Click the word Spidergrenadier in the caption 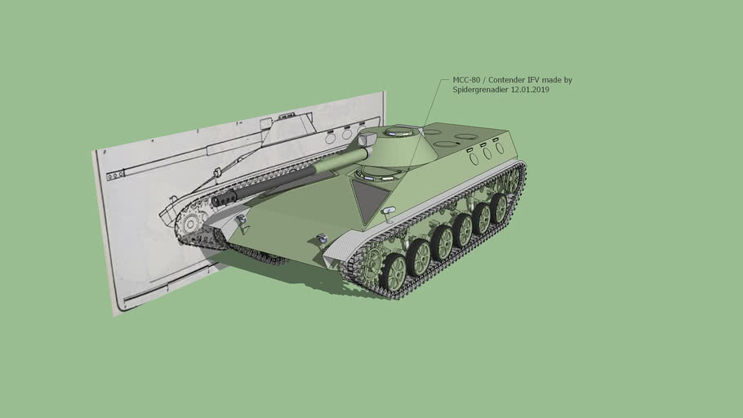click(481, 90)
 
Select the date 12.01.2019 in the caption click(530, 90)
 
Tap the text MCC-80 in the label click(466, 80)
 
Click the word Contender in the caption click(507, 80)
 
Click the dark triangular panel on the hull click(369, 201)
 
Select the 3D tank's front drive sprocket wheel click(371, 264)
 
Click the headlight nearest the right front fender click(322, 238)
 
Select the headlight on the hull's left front click(241, 220)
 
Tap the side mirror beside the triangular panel click(389, 211)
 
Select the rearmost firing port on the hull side click(500, 148)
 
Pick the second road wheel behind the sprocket click(420, 256)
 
